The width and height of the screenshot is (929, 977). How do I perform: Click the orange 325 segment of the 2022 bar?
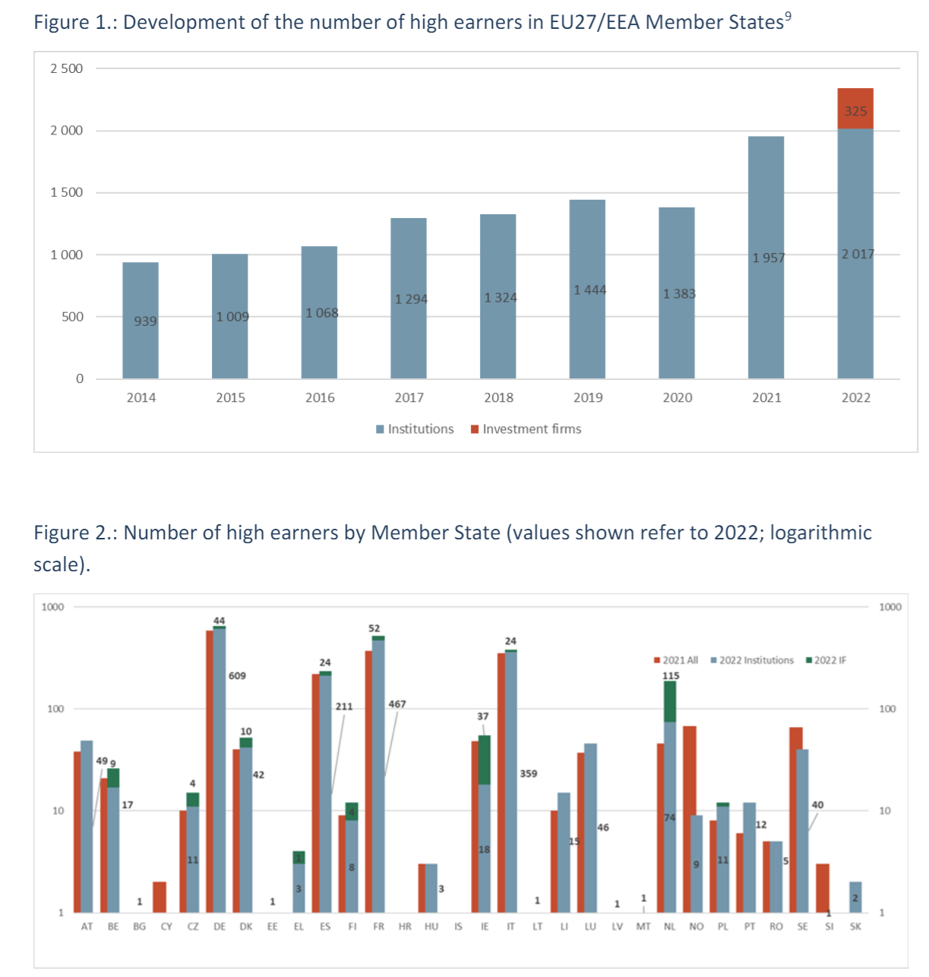coord(855,109)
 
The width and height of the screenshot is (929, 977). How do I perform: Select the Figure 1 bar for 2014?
coord(141,320)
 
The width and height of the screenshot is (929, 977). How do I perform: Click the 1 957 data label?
coord(769,258)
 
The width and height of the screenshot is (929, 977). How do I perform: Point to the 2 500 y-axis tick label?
coord(67,68)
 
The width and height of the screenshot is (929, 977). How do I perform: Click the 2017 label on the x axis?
coord(409,397)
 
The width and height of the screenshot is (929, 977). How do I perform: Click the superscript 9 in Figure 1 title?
coord(788,17)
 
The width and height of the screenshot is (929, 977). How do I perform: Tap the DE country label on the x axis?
coord(220,927)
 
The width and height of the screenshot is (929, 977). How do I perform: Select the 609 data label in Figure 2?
coord(237,675)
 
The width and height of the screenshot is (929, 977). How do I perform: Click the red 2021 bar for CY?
coord(160,896)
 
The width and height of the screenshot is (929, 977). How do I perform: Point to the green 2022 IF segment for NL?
coord(670,701)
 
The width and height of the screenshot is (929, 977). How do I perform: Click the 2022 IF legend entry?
coord(826,660)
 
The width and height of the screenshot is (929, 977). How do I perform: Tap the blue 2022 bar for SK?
coord(855,897)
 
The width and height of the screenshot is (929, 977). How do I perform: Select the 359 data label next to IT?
coord(529,773)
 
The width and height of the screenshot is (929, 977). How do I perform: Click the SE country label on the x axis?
coord(803,927)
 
